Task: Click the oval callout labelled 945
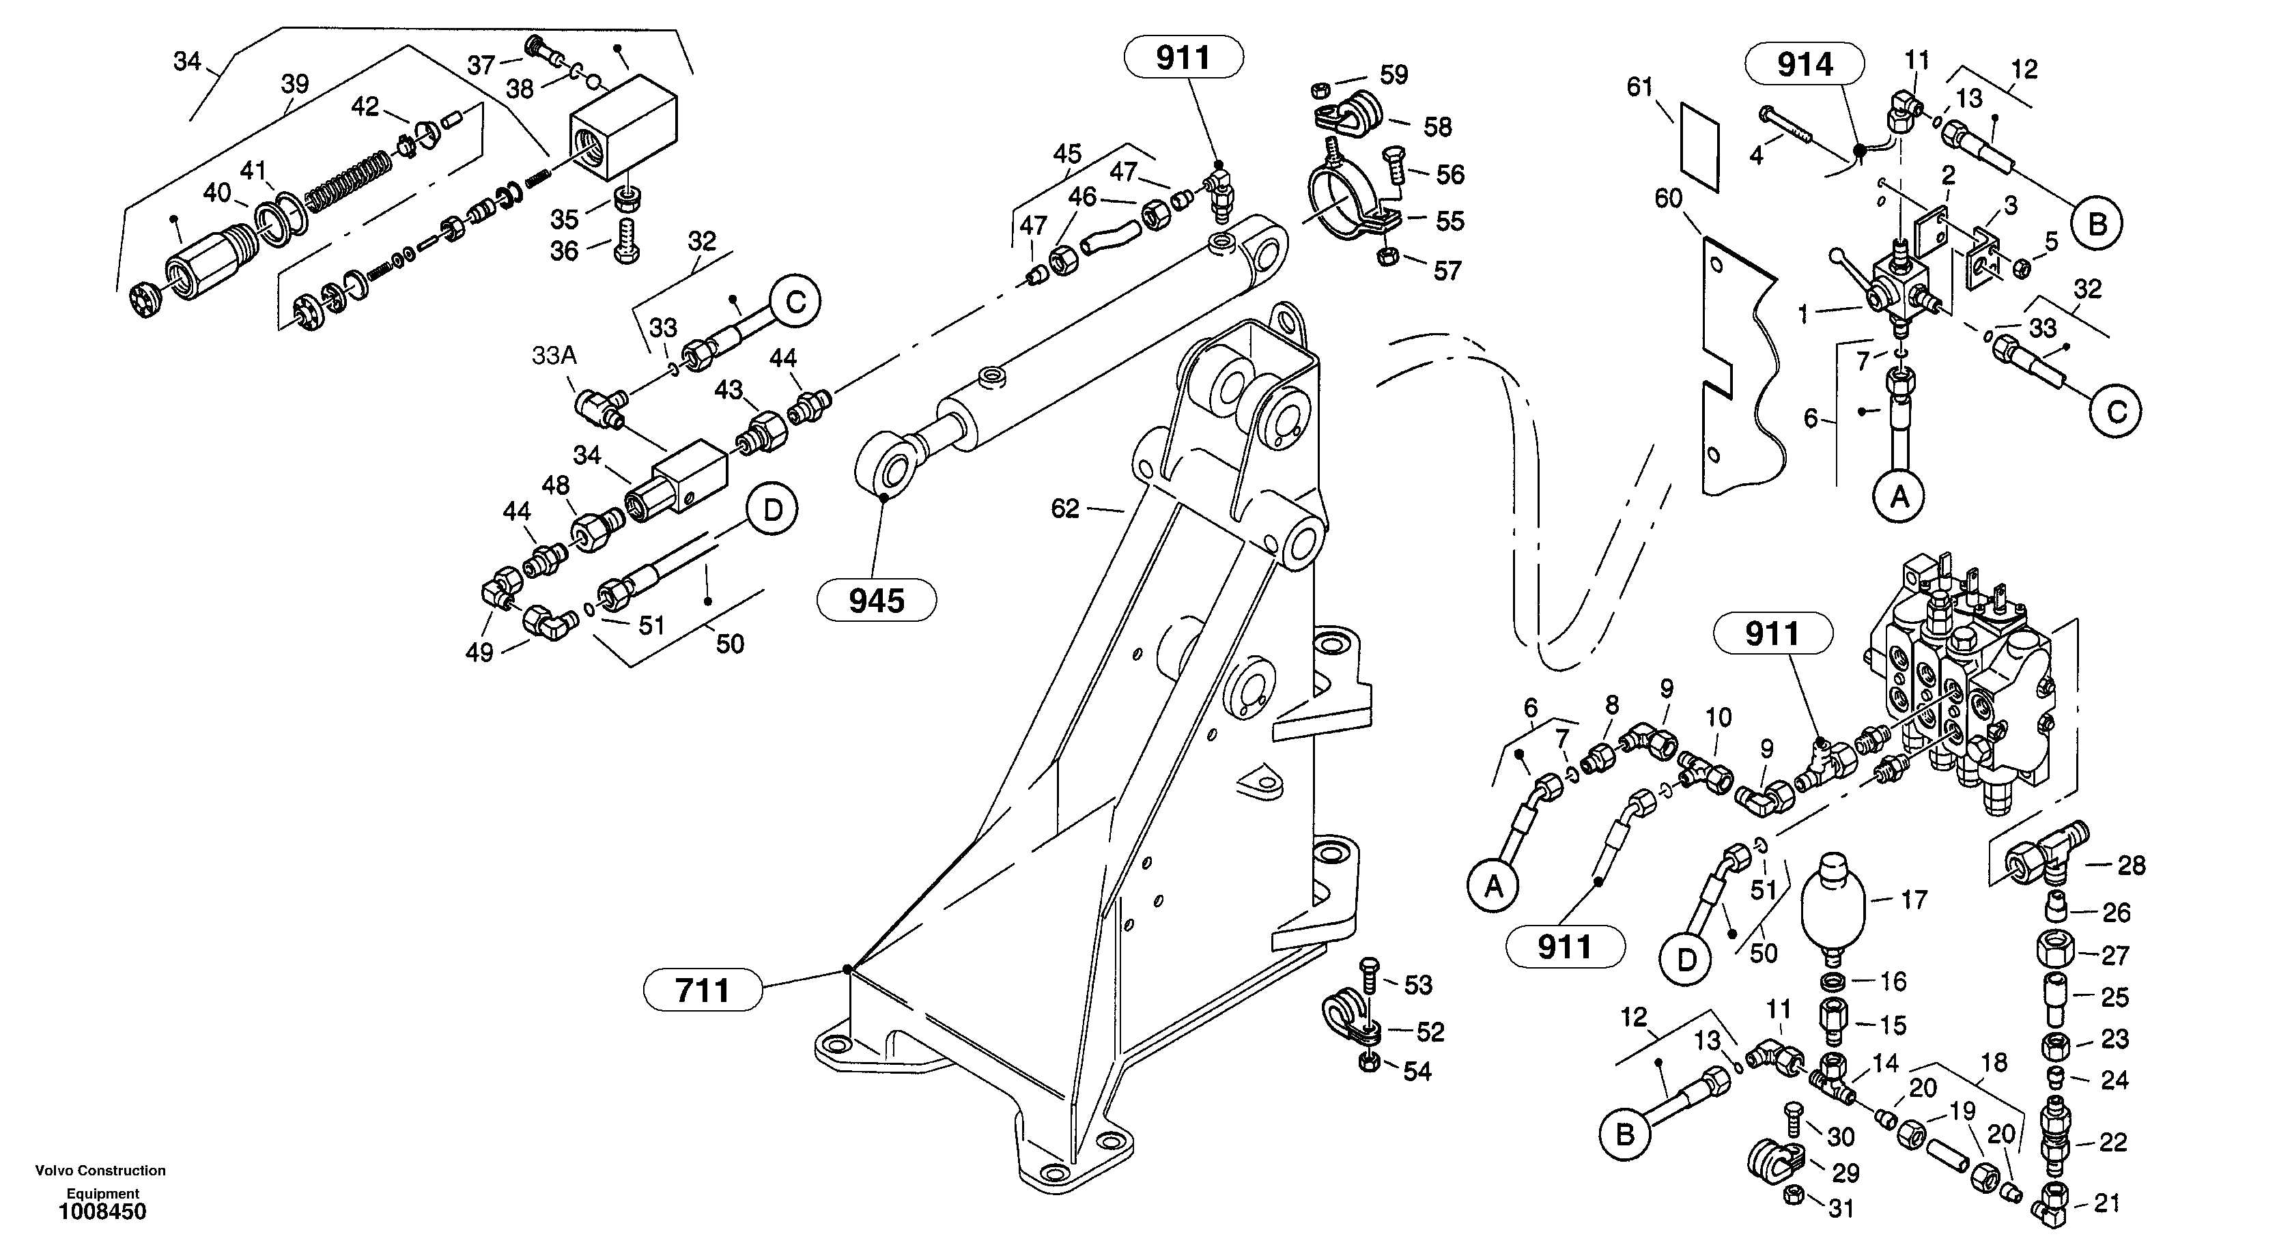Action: pyautogui.click(x=876, y=601)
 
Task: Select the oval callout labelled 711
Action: pyautogui.click(x=703, y=990)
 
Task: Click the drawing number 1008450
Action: pyautogui.click(x=102, y=1212)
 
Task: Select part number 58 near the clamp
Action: pyautogui.click(x=1437, y=127)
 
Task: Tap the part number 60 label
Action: pyautogui.click(x=1668, y=199)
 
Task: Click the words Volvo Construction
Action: pyautogui.click(x=100, y=1170)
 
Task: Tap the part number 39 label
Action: pyautogui.click(x=294, y=84)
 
